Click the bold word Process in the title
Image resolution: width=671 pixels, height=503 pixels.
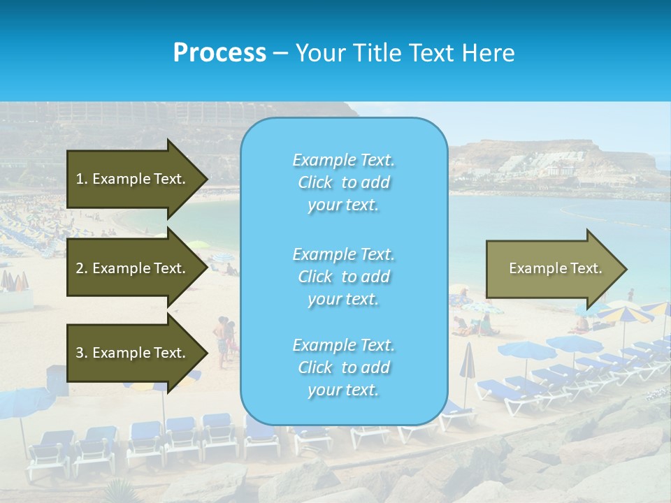(x=219, y=53)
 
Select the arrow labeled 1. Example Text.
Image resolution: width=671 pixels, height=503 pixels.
(x=133, y=179)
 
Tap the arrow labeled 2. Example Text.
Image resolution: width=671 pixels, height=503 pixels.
(x=133, y=268)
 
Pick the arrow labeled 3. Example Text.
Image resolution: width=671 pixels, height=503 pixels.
(x=133, y=353)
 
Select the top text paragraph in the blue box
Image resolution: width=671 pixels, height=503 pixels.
(x=343, y=182)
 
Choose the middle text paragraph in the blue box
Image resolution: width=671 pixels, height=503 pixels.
(x=343, y=277)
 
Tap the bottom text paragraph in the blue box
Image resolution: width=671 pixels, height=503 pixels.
(x=343, y=367)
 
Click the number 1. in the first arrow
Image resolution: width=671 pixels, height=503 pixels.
(x=82, y=179)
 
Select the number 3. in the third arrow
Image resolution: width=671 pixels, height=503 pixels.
(x=82, y=353)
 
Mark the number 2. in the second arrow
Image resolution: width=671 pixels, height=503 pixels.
(x=82, y=268)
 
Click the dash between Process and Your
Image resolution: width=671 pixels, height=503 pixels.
(x=280, y=53)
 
